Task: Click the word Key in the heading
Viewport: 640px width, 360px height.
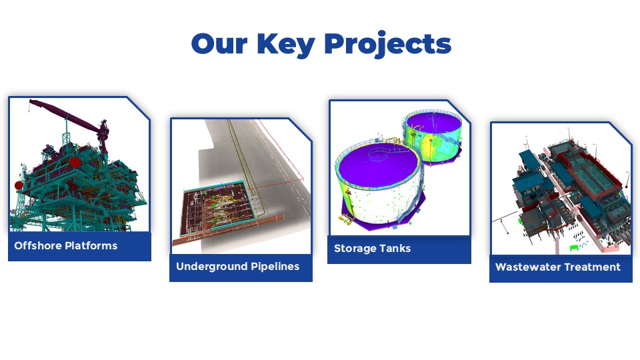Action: [286, 44]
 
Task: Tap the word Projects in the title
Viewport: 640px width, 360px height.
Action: [388, 44]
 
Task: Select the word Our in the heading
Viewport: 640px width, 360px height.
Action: [219, 44]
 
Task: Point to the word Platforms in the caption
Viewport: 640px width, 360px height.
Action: [91, 246]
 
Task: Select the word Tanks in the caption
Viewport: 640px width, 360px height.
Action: [395, 248]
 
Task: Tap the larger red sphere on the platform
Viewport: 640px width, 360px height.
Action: [75, 162]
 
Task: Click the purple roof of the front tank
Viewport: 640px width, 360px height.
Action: [377, 161]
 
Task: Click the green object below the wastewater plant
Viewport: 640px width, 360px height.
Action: [575, 247]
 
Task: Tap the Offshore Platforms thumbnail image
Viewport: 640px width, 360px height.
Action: [79, 165]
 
